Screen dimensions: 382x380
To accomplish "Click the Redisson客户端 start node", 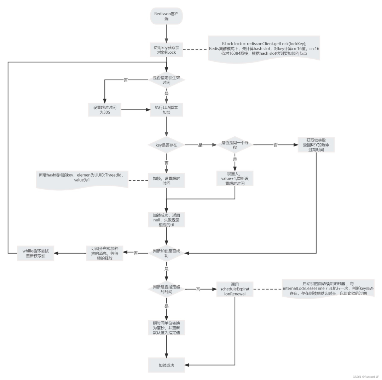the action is click(x=166, y=16).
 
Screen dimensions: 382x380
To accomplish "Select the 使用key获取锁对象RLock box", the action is click(x=166, y=50).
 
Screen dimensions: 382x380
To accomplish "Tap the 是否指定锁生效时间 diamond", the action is click(x=166, y=80).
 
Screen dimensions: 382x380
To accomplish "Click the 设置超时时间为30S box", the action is click(x=105, y=110).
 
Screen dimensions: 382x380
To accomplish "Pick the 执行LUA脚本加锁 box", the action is click(x=166, y=110).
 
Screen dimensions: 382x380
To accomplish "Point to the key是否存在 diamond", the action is click(x=166, y=145).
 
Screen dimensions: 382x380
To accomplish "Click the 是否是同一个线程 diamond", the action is click(x=235, y=145).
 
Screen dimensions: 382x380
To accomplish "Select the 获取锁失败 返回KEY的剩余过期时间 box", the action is click(x=316, y=145).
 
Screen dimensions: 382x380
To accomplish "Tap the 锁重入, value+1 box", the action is click(x=235, y=178).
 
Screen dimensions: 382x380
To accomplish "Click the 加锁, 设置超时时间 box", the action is click(x=166, y=180).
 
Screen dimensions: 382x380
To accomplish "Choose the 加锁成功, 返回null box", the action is click(x=166, y=220).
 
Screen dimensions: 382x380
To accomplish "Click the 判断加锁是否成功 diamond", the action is click(x=166, y=253).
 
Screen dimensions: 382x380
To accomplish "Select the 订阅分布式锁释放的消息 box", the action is click(x=105, y=253).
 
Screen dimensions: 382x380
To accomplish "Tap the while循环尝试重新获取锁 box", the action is click(x=36, y=253).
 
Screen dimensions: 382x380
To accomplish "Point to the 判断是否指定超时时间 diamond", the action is click(x=166, y=289).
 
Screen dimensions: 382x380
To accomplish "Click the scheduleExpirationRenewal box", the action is click(x=235, y=289).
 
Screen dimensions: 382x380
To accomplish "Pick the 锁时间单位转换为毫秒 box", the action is click(x=166, y=328).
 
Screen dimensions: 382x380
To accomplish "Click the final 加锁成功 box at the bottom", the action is click(x=166, y=365).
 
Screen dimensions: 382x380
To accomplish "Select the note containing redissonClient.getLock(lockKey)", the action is click(x=264, y=49).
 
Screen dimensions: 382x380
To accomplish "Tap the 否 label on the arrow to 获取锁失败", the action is click(x=276, y=145).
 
